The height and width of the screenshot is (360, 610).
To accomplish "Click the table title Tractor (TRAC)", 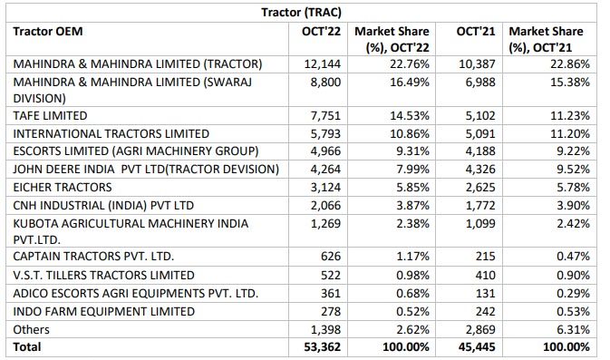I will coord(305,11).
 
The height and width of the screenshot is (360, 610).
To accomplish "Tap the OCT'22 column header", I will coord(321,31).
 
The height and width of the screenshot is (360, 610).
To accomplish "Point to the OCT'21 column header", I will coord(476,31).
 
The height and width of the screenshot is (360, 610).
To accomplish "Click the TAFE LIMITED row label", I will coord(50,115).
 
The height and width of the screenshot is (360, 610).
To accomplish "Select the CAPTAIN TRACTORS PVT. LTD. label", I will coord(92,256).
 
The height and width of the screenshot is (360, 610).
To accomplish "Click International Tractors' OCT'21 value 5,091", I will coord(479,133).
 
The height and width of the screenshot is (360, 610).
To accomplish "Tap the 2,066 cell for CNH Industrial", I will coord(324,204).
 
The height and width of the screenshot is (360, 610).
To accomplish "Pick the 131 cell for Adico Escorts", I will coord(486,293).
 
